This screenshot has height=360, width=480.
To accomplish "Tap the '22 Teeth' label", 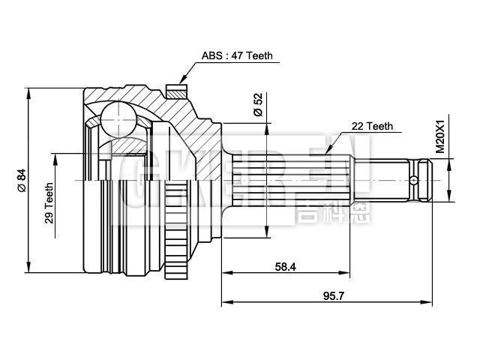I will [x=372, y=127].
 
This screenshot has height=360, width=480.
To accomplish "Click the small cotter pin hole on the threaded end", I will [x=412, y=180].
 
